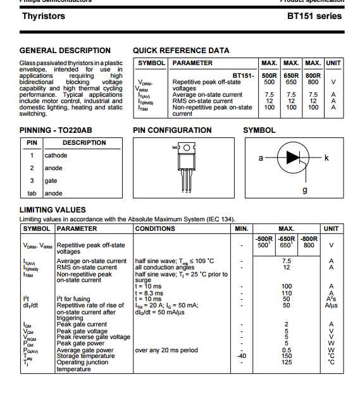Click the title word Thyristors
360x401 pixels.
(43, 16)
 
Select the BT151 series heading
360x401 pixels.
(314, 16)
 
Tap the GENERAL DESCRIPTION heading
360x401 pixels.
(65, 51)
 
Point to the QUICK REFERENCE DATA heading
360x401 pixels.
(181, 51)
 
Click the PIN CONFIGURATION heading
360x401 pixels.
(172, 130)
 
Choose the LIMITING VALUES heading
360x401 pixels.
(53, 210)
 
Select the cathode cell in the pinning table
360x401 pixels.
(56, 155)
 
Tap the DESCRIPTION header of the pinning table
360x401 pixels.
(84, 143)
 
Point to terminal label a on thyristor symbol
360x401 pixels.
(260, 158)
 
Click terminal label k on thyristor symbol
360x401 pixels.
(326, 158)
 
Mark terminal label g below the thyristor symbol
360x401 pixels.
(304, 190)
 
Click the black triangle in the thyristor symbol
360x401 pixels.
(293, 158)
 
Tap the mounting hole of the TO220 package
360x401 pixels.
(187, 148)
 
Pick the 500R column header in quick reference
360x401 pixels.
(269, 75)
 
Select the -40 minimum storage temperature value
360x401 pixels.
(241, 355)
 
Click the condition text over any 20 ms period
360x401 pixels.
(166, 350)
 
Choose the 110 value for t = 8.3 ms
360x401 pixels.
(286, 293)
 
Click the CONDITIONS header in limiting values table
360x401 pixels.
(156, 228)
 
